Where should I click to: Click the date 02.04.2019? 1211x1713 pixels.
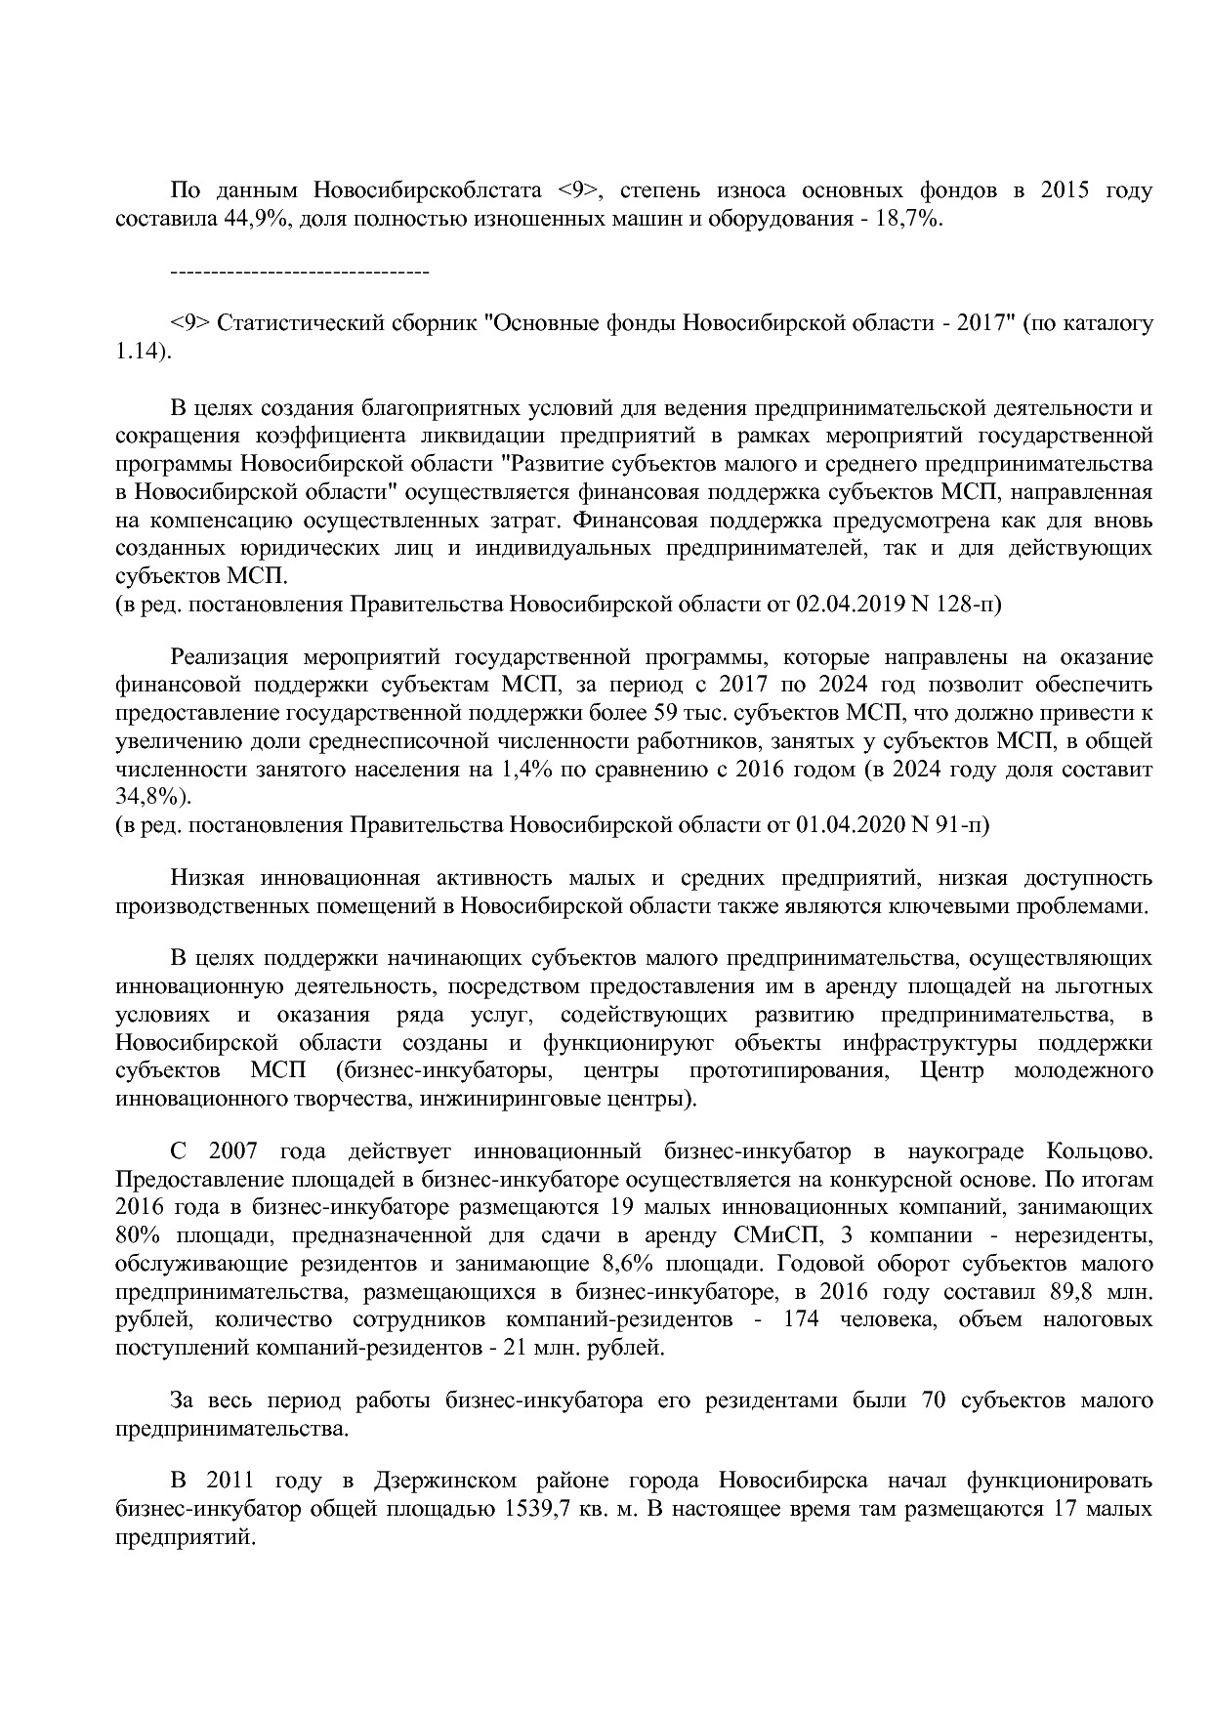[x=849, y=604]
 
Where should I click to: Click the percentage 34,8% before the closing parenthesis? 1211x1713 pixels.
[x=144, y=797]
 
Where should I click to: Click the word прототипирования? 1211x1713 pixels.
[x=789, y=1070]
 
